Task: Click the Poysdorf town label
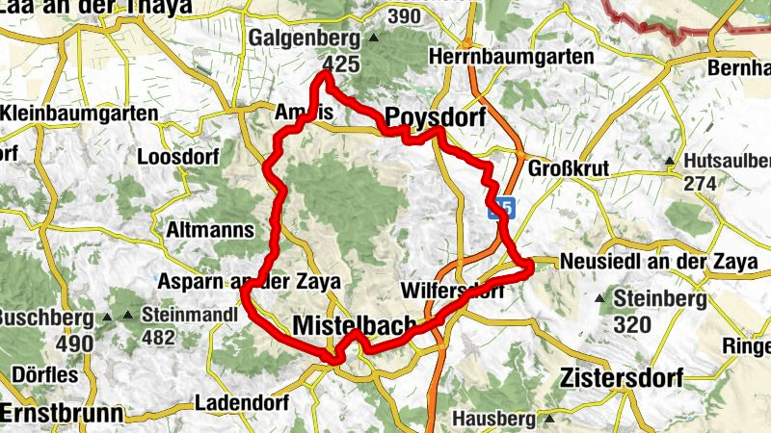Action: [432, 117]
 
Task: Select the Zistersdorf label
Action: [621, 378]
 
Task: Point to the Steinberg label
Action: [666, 299]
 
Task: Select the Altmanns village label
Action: [209, 230]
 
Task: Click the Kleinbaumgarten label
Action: [81, 114]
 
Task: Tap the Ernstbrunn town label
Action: [63, 414]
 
